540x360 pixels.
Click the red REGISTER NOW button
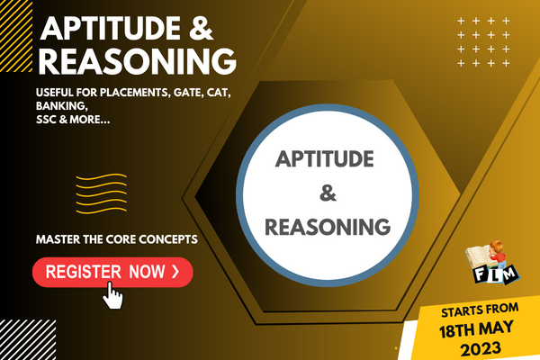coord(112,271)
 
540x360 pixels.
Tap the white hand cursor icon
coord(114,294)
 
